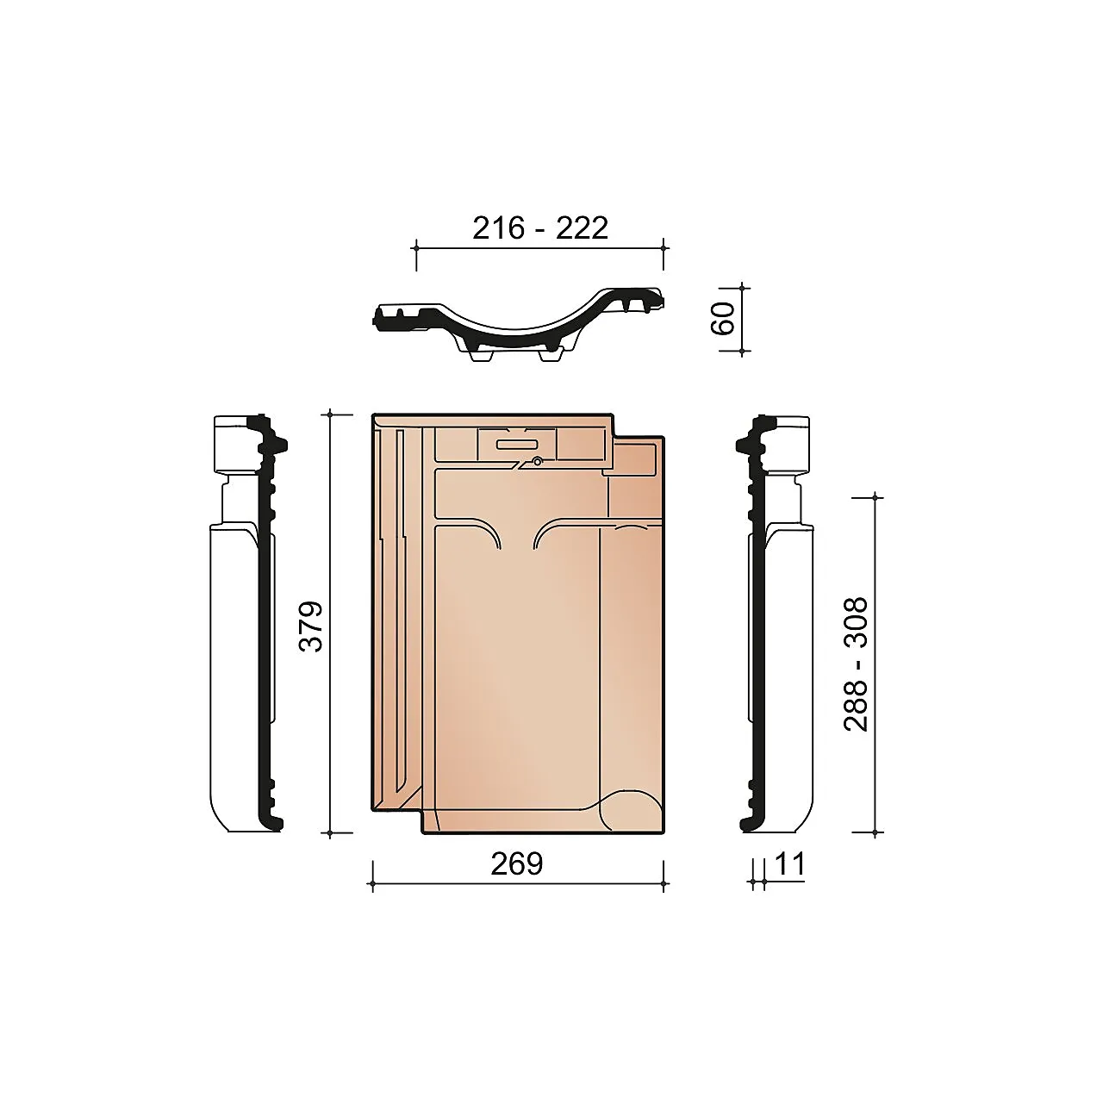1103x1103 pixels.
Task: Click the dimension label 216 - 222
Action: tap(539, 228)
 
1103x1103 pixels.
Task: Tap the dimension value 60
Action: tap(722, 318)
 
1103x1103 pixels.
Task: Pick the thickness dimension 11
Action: tap(789, 863)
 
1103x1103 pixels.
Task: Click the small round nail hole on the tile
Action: tap(537, 461)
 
